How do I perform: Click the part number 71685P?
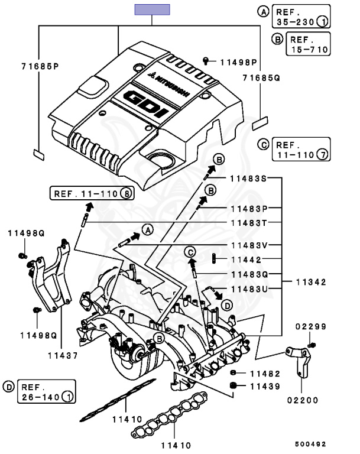tap(40, 66)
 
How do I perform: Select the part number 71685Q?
tap(261, 77)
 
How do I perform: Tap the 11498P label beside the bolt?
tap(239, 62)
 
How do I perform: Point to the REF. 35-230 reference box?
tap(301, 16)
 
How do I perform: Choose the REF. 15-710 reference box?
tap(308, 43)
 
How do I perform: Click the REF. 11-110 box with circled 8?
tap(92, 193)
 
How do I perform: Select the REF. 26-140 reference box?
tap(47, 391)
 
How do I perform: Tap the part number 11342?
tap(311, 282)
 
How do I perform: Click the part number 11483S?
tap(248, 179)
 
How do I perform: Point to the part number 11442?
tap(246, 260)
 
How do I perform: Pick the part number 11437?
tap(63, 355)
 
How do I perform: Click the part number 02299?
tap(311, 326)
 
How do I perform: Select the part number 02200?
tap(303, 400)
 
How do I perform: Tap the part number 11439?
tap(265, 386)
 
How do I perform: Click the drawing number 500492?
tap(310, 444)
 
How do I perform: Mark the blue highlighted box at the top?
tap(152, 9)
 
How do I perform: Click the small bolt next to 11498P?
tap(206, 61)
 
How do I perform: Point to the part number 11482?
tap(265, 374)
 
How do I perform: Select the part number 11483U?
tap(249, 289)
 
